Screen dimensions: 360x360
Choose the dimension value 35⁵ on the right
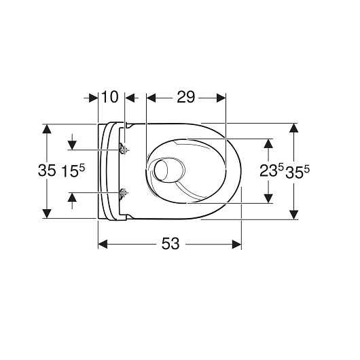(x=297, y=172)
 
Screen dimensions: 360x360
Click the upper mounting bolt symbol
(x=123, y=149)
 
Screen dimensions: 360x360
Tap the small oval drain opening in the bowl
(x=164, y=170)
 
